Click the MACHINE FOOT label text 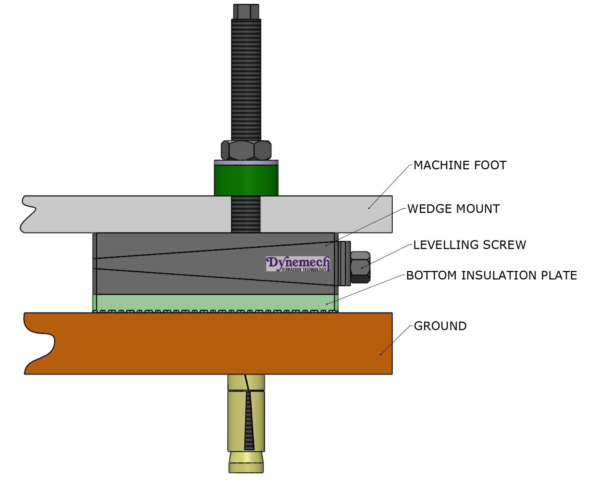460,165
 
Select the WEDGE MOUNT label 453,209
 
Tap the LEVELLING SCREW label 469,245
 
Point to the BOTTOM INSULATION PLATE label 491,275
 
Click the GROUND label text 440,326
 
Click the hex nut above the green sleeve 246,150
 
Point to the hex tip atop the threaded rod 246,11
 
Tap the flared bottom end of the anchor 246,462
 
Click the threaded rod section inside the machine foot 246,214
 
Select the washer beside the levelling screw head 344,263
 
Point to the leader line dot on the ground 381,354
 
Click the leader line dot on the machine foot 369,208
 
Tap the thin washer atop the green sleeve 246,163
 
